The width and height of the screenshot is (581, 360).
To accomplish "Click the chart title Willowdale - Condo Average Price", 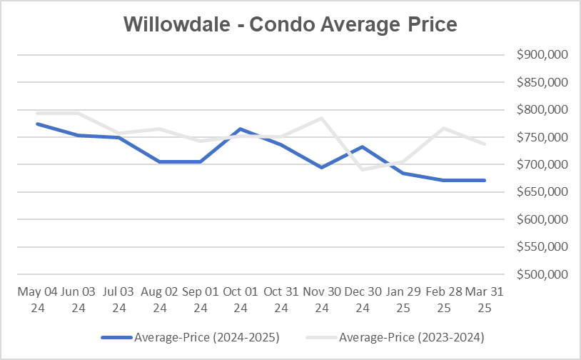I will (290, 24).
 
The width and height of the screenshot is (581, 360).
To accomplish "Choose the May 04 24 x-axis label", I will (37, 300).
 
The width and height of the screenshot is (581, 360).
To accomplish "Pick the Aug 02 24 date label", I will (159, 300).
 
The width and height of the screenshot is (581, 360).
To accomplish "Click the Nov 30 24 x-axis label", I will (323, 300).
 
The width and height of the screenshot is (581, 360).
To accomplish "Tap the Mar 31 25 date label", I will (485, 300).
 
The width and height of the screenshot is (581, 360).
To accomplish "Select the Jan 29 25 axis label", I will (404, 300).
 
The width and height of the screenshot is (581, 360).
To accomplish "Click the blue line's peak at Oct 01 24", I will (241, 129).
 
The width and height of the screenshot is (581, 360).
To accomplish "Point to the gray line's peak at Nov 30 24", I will (323, 118).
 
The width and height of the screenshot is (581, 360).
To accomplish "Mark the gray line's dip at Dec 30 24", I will (363, 169).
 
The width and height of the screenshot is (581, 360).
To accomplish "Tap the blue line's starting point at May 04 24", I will (37, 124).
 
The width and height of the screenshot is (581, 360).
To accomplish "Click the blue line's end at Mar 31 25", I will (485, 180).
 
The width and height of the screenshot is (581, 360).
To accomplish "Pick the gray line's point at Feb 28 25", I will (445, 128).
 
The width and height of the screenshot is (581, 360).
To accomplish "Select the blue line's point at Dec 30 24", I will (363, 147).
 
